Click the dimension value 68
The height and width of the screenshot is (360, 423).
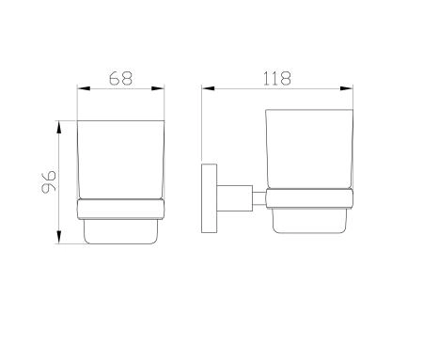120,78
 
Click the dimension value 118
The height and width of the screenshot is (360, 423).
277,78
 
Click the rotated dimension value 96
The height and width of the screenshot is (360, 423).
49,182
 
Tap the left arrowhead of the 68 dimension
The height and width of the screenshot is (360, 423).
84,88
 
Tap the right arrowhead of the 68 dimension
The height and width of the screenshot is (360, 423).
158,88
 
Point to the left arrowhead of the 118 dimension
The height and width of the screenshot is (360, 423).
208,88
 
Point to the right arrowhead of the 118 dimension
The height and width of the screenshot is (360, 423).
347,88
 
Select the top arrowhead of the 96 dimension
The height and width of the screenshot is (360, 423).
59,127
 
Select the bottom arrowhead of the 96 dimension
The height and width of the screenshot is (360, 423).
59,237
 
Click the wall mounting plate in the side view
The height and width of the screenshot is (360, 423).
209,198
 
